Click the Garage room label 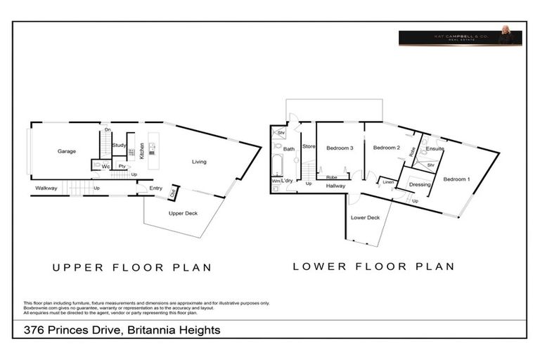pos(67,151)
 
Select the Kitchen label pos(142,150)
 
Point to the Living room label pos(199,162)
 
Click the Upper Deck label pos(181,213)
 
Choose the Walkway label pos(46,188)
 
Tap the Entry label pos(155,188)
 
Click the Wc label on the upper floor pos(105,167)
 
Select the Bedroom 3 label pos(340,148)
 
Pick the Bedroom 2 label pos(387,148)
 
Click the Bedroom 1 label pos(457,179)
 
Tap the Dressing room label pos(420,185)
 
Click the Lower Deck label pos(366,218)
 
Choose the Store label pos(308,146)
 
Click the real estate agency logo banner pos(460,38)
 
